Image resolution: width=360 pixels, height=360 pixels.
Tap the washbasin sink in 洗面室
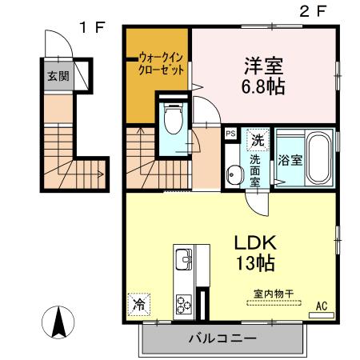pyautogui.click(x=235, y=174)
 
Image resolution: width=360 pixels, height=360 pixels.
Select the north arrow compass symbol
pyautogui.click(x=58, y=322)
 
